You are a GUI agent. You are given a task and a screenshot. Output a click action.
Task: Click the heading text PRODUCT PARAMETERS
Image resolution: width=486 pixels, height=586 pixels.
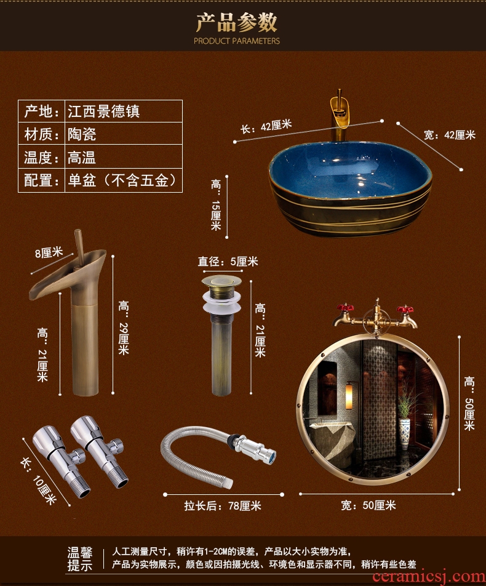click(x=236, y=41)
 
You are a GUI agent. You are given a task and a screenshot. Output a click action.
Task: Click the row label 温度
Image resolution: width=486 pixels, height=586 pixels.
click(x=38, y=157)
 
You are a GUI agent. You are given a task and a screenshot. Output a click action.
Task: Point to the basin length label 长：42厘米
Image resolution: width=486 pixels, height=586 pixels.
click(x=266, y=126)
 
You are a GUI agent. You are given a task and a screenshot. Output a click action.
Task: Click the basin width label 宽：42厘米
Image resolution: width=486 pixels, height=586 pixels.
click(x=449, y=135)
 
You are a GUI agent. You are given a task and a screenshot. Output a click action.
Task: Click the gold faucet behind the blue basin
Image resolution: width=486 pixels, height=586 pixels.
click(x=338, y=116)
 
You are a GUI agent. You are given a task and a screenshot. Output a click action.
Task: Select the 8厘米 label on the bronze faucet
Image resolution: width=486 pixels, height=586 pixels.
click(x=49, y=253)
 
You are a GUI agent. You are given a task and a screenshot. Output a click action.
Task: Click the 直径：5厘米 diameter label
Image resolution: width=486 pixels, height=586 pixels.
click(x=228, y=261)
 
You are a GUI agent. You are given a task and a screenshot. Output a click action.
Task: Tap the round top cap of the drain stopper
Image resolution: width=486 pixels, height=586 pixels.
click(x=221, y=281)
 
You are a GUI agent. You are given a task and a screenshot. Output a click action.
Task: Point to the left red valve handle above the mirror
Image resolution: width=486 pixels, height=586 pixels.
click(x=345, y=308)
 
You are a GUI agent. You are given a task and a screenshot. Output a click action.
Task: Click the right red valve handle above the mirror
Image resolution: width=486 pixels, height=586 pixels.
click(x=405, y=310)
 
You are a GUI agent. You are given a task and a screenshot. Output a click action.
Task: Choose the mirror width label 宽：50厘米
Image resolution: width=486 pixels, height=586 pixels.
click(x=368, y=505)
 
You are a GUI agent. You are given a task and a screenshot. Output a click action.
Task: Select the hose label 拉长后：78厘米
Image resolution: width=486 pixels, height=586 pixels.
click(x=223, y=505)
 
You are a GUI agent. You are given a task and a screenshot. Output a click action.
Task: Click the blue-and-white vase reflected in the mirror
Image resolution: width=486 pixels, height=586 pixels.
click(x=404, y=433)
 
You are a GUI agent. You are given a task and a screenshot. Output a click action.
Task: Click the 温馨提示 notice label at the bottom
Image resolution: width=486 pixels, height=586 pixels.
click(x=79, y=559)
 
